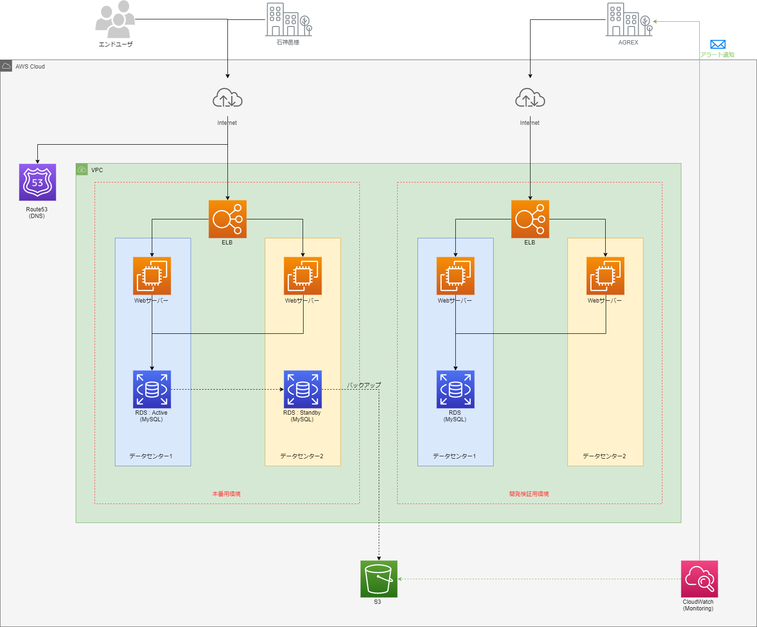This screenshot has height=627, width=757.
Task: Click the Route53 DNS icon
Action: click(x=37, y=182)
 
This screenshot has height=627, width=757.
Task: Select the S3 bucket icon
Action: click(x=379, y=579)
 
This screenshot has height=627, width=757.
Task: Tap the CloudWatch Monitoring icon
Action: click(x=699, y=579)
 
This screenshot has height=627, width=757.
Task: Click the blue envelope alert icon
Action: click(x=718, y=44)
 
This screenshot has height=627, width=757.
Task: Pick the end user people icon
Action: click(x=115, y=19)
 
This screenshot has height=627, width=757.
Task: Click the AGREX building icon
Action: click(x=629, y=19)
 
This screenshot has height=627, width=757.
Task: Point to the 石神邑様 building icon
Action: click(x=289, y=19)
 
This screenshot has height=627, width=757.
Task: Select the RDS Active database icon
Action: click(x=152, y=389)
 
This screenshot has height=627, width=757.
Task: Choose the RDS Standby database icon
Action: click(x=303, y=389)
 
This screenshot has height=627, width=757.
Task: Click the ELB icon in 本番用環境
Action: click(x=227, y=219)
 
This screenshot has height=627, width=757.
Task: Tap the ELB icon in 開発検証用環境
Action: click(x=530, y=219)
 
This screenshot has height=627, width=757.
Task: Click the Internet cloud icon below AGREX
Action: click(x=530, y=98)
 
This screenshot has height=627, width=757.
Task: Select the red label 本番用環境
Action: click(x=226, y=494)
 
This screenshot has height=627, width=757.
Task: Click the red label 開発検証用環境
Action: click(x=529, y=494)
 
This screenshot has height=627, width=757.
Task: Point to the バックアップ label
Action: click(x=364, y=385)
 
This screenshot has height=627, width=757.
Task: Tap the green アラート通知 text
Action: click(x=717, y=55)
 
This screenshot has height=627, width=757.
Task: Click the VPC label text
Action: click(x=97, y=170)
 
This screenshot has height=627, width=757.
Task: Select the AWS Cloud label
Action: click(x=30, y=67)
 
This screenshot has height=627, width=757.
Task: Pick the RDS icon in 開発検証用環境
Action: click(x=455, y=389)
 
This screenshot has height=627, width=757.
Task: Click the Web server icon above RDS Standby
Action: click(x=303, y=276)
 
